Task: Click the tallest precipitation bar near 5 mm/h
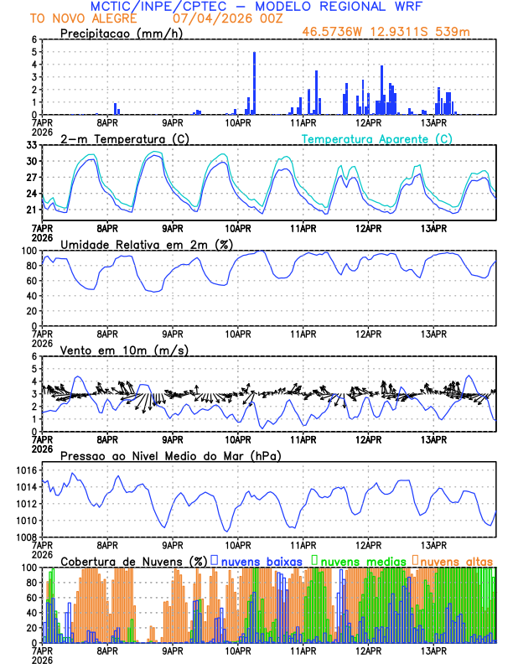(254, 83)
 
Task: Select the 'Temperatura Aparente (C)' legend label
(376, 138)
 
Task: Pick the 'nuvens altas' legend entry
(457, 561)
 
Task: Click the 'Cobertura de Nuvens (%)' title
(133, 561)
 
